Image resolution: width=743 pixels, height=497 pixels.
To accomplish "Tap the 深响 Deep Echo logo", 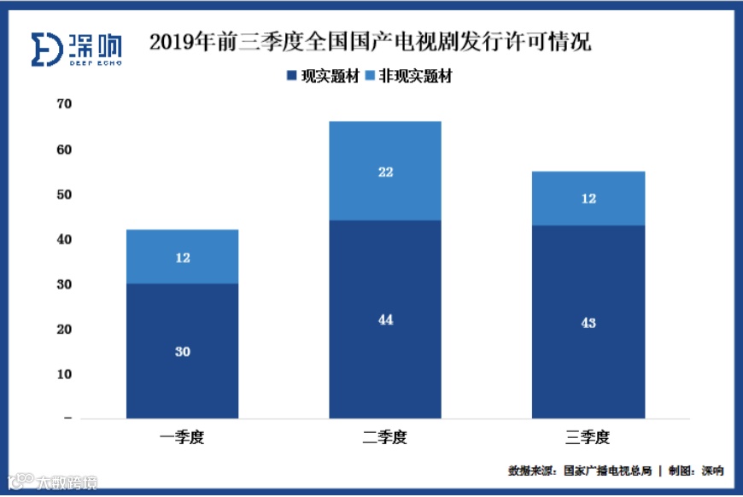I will point(76,50).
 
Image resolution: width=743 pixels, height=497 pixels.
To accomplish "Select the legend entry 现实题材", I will point(322,77).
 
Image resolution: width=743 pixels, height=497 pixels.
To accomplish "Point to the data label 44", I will point(385,320).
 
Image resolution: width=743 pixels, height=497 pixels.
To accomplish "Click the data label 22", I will point(385,172).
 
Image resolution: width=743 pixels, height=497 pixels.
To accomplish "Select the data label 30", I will point(182,351).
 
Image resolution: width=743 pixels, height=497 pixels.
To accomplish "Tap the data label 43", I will point(588,323).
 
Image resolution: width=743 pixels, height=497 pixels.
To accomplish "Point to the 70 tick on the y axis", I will point(64,104).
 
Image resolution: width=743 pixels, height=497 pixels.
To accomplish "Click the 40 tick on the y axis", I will point(64,240).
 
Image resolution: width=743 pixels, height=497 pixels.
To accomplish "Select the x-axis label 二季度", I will point(385,438).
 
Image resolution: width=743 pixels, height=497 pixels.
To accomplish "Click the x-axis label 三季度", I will point(588,438).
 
